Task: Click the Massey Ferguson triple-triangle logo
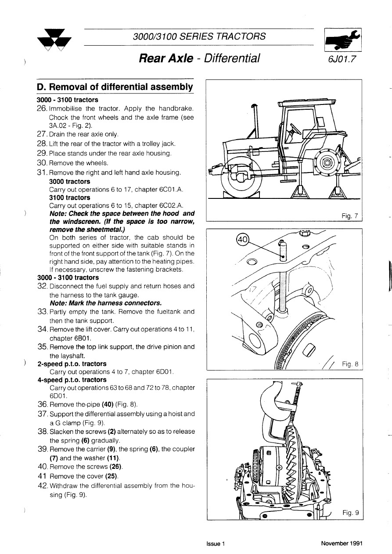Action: click(x=55, y=42)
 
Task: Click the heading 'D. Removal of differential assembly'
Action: click(x=115, y=87)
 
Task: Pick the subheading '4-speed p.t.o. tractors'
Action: click(x=72, y=380)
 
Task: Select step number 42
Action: click(x=43, y=486)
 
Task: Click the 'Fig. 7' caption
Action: click(x=349, y=216)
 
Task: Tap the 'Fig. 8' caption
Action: click(x=350, y=364)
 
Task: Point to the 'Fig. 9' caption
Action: click(x=350, y=512)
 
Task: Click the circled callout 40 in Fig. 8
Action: click(x=242, y=240)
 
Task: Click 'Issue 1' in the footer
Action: click(x=215, y=543)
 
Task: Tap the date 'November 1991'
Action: click(x=342, y=543)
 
